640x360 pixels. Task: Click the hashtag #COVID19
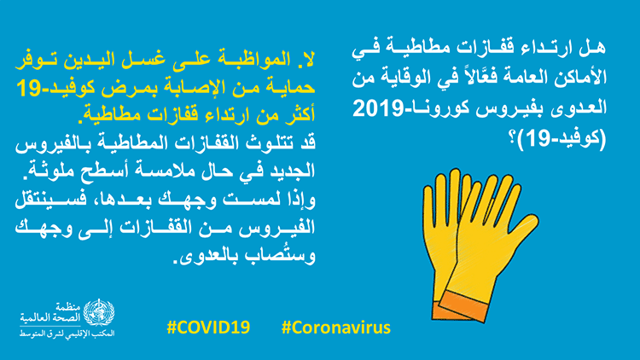click(x=208, y=328)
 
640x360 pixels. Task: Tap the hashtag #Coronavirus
click(x=336, y=328)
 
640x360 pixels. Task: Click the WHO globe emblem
click(x=99, y=312)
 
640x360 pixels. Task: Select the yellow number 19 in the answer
click(x=28, y=89)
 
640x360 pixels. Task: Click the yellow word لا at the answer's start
click(x=305, y=60)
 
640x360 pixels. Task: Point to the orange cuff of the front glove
click(x=463, y=306)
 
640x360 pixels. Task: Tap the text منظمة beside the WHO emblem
click(x=68, y=306)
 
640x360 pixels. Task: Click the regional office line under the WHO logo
click(x=67, y=334)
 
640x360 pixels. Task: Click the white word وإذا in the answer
click(x=301, y=200)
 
